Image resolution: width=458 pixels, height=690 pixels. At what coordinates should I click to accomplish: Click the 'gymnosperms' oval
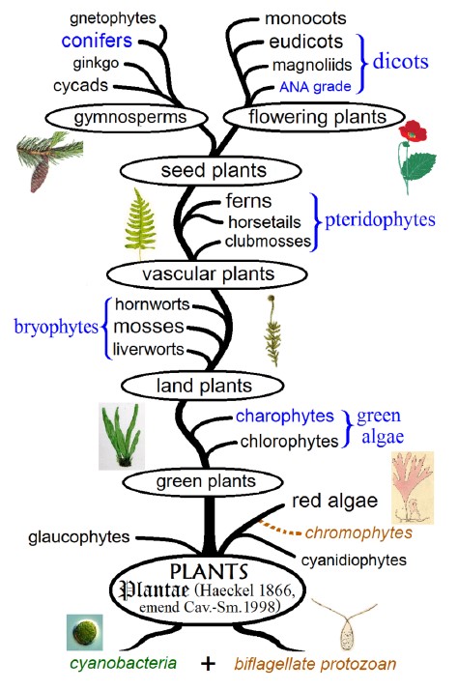127,118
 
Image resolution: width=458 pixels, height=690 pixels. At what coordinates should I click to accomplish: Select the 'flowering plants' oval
314,118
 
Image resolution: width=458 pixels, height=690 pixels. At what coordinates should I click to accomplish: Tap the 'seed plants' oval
211,171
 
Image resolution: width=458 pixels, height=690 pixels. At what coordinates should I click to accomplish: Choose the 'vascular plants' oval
207,274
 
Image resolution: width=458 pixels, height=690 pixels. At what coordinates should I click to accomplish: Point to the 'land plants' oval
202,386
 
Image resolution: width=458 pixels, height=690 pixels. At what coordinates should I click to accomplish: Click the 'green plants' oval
203,482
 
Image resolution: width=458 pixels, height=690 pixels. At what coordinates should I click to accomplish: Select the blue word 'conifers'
97,41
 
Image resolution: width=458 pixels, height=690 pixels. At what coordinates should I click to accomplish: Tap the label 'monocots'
305,18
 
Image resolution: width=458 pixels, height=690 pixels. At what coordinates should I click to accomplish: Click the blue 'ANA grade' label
315,86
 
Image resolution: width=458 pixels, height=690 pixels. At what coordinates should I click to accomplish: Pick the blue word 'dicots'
400,62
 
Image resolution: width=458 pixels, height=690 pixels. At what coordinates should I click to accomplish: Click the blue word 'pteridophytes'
380,220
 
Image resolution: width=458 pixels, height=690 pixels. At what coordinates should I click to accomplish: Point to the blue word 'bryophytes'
56,328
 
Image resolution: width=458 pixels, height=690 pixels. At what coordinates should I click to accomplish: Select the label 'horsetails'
265,222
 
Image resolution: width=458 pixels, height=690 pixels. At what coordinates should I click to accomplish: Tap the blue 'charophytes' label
285,417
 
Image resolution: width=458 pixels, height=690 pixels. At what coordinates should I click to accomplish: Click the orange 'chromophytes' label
358,532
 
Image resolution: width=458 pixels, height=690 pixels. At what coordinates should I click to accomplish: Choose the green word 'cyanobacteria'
123,663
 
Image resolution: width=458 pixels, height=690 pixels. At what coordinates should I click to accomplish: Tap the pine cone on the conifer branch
39,174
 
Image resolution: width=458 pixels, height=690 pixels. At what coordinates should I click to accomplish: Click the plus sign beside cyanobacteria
208,663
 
